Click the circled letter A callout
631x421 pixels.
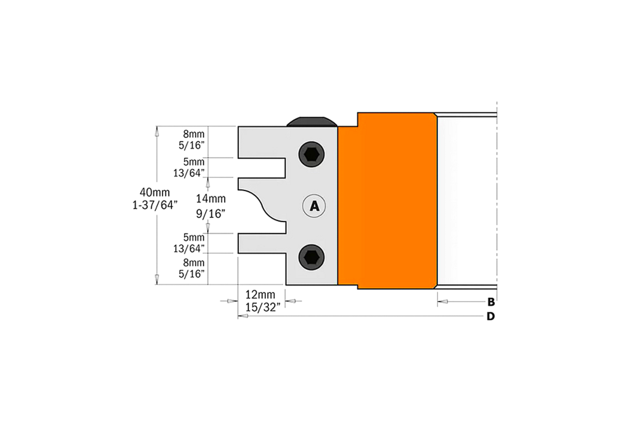tap(314, 206)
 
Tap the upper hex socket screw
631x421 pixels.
tap(312, 154)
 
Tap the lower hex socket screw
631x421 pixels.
tap(312, 257)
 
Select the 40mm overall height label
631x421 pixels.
tap(155, 192)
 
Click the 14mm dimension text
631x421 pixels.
tap(210, 199)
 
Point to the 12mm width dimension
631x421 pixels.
tap(261, 295)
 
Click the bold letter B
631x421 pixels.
tap(491, 302)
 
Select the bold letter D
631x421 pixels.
tap(491, 316)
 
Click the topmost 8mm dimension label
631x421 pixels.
tap(194, 134)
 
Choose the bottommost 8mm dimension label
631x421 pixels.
tap(194, 263)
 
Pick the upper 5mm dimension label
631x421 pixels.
tap(194, 162)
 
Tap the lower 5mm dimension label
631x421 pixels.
tap(194, 237)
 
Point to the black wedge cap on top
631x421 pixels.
tap(312, 122)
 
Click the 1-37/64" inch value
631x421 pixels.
tap(155, 205)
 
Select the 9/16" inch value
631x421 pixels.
tap(210, 214)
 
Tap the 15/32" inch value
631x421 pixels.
tap(263, 308)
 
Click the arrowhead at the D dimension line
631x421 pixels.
tap(243, 316)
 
